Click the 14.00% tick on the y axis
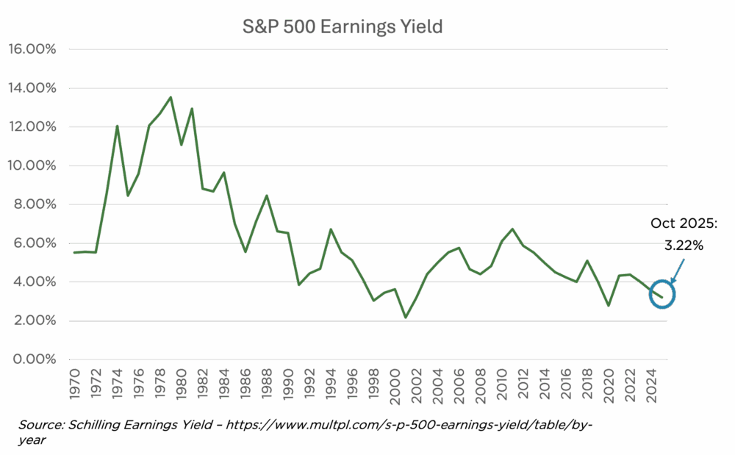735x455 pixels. tap(32, 88)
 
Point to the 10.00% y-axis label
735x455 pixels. tap(32, 165)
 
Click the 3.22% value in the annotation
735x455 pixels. tap(684, 246)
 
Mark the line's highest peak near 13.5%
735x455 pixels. tap(170, 98)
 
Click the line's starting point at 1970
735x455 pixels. tap(73, 252)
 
